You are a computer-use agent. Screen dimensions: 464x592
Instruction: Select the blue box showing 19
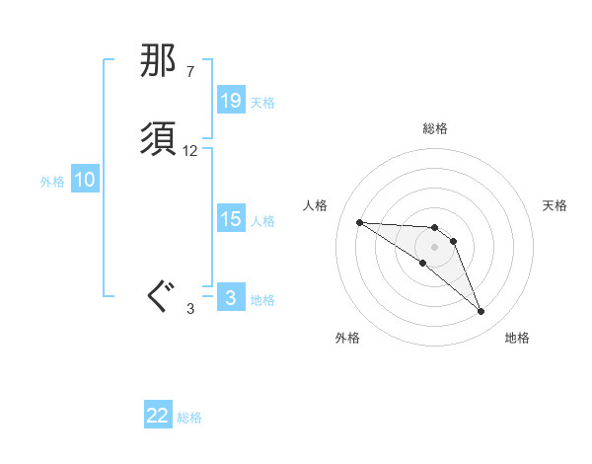click(x=231, y=100)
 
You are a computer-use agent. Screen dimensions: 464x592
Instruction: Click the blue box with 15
click(x=231, y=219)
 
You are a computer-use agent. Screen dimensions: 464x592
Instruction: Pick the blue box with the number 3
click(x=231, y=298)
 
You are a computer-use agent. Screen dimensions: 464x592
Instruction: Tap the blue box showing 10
click(x=85, y=180)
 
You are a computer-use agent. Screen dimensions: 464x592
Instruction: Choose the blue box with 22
click(x=158, y=416)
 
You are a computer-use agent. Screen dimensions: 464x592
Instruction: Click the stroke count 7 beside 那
click(x=189, y=72)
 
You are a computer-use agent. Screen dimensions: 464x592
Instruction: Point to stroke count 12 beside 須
click(x=190, y=151)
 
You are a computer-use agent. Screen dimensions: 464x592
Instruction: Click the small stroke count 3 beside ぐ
click(x=190, y=309)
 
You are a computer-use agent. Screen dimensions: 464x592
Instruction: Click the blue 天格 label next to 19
click(x=262, y=102)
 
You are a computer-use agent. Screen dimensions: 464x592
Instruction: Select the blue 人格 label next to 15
click(x=262, y=221)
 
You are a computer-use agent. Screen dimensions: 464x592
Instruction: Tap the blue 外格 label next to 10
click(x=52, y=182)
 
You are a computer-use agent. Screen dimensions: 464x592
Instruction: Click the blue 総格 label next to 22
click(x=189, y=418)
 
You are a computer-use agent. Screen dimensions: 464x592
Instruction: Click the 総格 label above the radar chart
click(x=435, y=128)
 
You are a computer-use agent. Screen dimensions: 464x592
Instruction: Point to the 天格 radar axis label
click(x=555, y=205)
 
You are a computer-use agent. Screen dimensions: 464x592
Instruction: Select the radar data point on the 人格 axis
click(x=359, y=222)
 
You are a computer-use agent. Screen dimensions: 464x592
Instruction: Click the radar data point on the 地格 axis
click(x=481, y=312)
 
